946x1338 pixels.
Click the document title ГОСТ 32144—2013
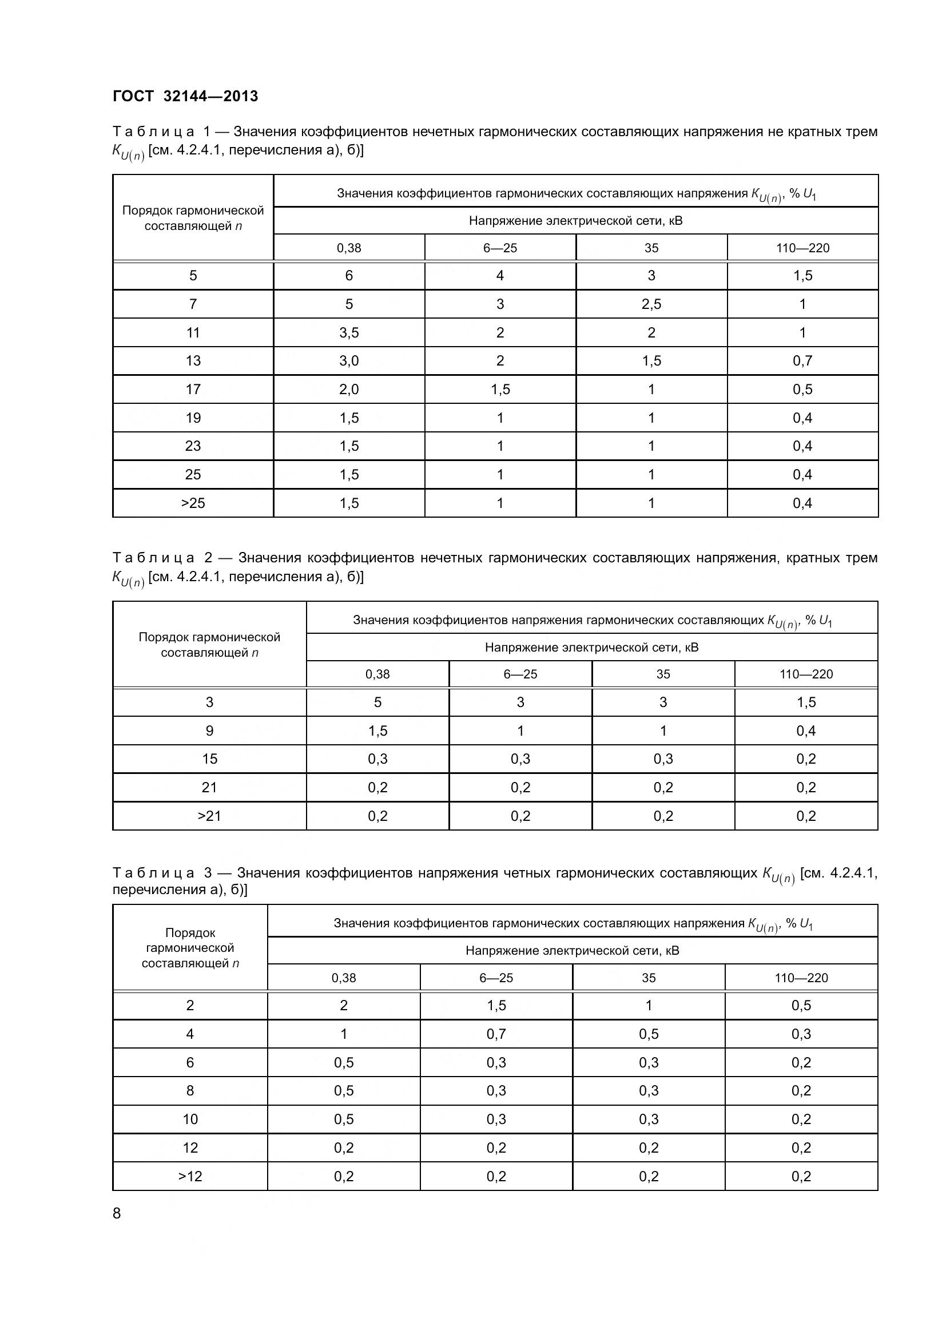[x=185, y=96]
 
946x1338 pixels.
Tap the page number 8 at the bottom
[x=117, y=1213]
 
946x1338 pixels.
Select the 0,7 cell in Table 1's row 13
[x=802, y=361]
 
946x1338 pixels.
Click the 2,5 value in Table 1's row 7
[x=651, y=304]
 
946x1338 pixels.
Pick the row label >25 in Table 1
[x=193, y=503]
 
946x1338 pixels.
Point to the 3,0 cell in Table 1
[x=349, y=361]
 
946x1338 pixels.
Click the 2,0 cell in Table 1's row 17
[x=349, y=390]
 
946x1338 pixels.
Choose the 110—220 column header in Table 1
[x=802, y=248]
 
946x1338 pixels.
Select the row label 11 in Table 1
[x=193, y=332]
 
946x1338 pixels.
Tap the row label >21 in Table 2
[x=209, y=816]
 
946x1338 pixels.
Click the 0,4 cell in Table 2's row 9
[x=806, y=730]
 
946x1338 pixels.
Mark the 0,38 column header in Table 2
[x=377, y=674]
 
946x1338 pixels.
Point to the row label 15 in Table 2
[x=209, y=759]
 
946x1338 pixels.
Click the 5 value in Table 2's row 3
[x=377, y=702]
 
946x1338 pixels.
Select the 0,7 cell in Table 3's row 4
[x=496, y=1034]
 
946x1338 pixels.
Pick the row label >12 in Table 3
[x=190, y=1176]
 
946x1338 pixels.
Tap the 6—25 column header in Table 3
[x=496, y=977]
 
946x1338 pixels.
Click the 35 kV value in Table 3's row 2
[x=649, y=1005]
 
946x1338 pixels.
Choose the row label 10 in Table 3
[x=190, y=1119]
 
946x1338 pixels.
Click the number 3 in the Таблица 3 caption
[x=208, y=873]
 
